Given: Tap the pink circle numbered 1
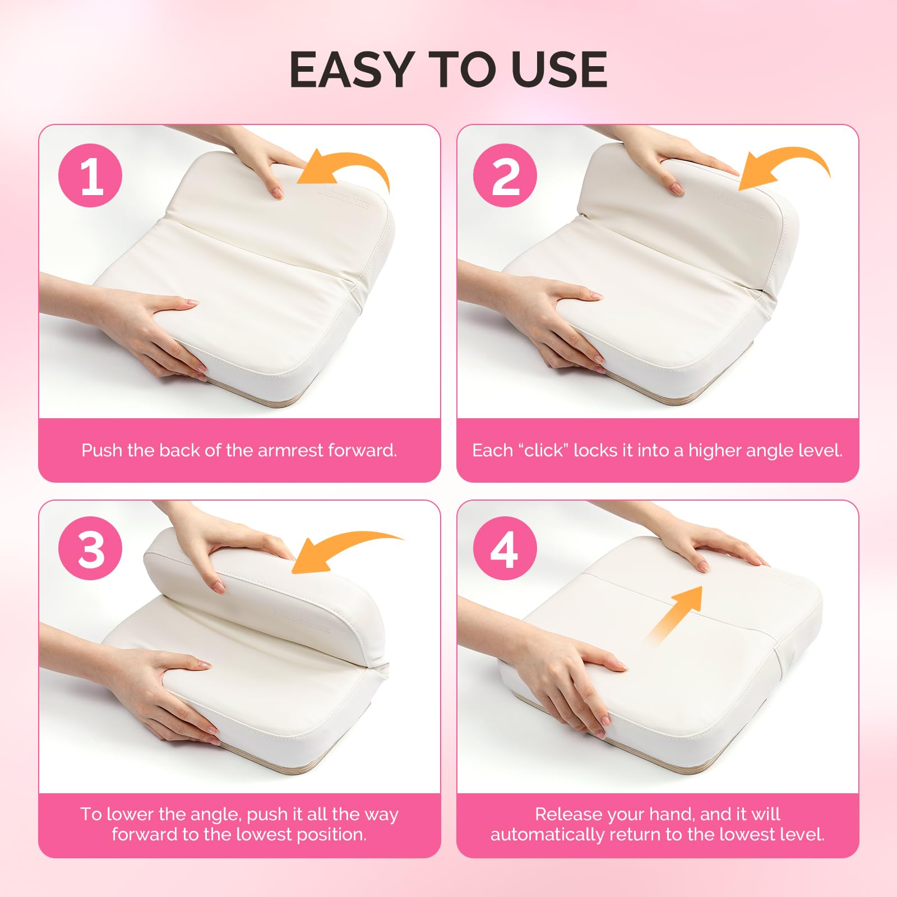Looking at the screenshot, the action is click(x=90, y=175).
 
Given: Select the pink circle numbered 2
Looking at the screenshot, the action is click(x=505, y=175).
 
